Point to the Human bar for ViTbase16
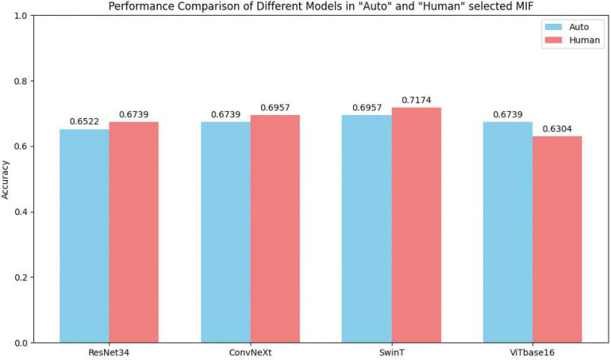(x=557, y=239)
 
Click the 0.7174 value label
(x=417, y=101)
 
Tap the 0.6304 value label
(x=557, y=129)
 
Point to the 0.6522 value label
(x=84, y=123)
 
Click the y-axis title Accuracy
(x=7, y=179)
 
